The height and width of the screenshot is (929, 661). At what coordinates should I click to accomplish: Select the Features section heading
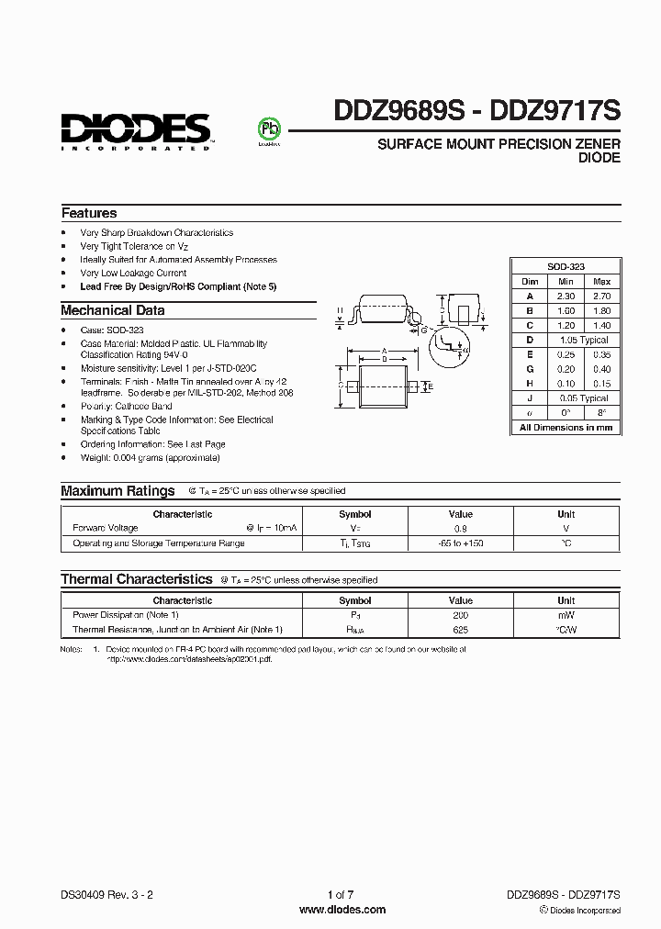click(x=89, y=213)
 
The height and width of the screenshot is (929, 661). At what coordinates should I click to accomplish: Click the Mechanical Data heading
click(x=113, y=310)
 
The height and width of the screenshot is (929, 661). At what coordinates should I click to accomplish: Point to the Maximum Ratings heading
click(x=118, y=491)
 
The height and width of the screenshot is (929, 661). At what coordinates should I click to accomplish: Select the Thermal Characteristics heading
click(x=137, y=579)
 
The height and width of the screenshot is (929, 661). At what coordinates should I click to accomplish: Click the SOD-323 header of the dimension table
click(x=566, y=265)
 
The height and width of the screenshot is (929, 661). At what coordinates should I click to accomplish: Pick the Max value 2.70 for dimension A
click(x=601, y=297)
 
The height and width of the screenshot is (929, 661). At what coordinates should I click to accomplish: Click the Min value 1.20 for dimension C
click(x=566, y=326)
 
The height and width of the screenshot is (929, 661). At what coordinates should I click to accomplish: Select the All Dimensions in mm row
click(x=566, y=427)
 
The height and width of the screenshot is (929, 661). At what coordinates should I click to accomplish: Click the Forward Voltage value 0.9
click(x=460, y=529)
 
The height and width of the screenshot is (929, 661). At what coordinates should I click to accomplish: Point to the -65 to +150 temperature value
click(x=460, y=543)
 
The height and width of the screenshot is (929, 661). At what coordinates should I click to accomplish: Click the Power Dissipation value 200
click(x=460, y=615)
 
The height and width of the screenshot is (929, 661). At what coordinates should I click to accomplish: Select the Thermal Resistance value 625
click(x=460, y=630)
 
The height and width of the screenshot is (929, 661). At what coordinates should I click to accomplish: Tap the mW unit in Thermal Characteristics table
click(x=566, y=615)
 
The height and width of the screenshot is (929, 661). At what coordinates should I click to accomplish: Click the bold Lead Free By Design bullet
click(x=178, y=286)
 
